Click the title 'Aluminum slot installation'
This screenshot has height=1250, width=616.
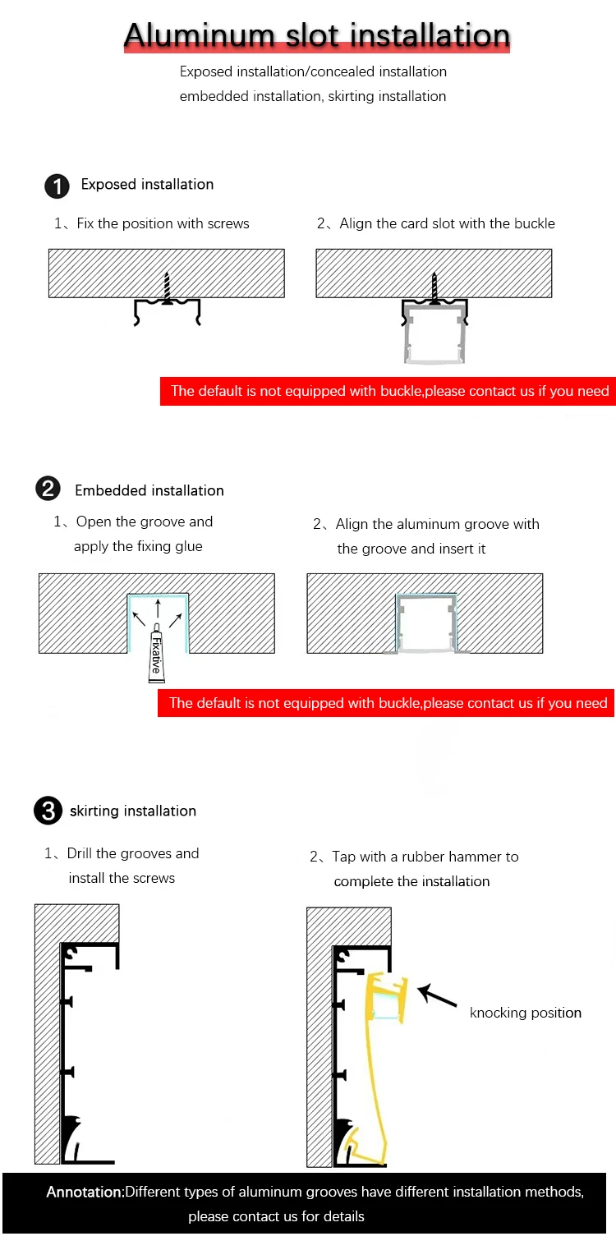(317, 36)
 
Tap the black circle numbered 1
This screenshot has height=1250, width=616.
(57, 186)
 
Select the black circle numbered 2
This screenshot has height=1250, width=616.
(48, 489)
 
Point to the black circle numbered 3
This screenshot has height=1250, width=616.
(48, 811)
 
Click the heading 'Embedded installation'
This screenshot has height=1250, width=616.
(149, 490)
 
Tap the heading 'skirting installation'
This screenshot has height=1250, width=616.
(133, 811)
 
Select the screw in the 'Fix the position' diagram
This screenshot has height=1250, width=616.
(168, 288)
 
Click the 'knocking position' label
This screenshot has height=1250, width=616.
(525, 1013)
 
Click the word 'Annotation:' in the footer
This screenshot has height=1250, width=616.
(85, 1192)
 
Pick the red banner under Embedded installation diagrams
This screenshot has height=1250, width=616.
(387, 702)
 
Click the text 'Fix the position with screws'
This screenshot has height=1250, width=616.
(163, 223)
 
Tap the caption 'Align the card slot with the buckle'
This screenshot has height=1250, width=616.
(447, 223)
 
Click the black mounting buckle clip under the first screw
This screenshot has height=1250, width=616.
(168, 311)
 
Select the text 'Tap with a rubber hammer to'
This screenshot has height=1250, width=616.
(425, 857)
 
